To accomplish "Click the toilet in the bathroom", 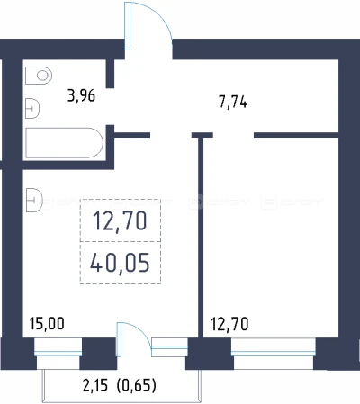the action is tap(39, 76).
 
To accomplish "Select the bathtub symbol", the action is tap(65, 143).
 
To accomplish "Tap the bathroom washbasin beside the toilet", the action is tap(32, 109).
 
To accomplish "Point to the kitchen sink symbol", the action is tap(34, 200).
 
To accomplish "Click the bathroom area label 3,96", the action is tap(81, 96).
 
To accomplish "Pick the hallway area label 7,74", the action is tap(233, 103).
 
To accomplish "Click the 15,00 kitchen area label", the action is tap(47, 324).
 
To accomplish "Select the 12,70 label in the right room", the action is tap(229, 324).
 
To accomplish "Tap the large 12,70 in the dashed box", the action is tap(120, 220).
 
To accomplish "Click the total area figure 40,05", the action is tap(120, 263).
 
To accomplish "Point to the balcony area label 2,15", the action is tap(94, 385).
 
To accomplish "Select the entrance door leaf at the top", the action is tap(128, 25).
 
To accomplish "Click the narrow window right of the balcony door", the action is tap(170, 347).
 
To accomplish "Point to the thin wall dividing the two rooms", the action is tap(201, 237).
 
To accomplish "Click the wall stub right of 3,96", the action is tap(111, 74).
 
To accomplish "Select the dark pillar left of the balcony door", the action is tap(98, 354).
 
